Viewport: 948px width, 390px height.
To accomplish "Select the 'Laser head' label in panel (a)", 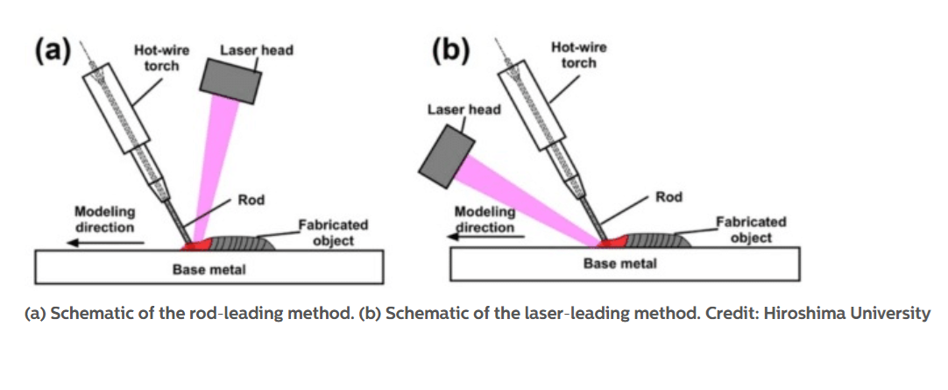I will [x=256, y=50].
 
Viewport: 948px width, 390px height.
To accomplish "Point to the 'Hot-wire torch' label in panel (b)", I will [x=579, y=54].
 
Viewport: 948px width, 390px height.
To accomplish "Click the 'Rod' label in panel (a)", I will [x=251, y=201].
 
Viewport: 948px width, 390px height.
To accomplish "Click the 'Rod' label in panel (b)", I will [x=669, y=197].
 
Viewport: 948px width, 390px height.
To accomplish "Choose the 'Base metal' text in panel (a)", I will [x=209, y=269].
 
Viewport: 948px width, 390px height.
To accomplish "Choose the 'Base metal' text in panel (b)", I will [x=620, y=263].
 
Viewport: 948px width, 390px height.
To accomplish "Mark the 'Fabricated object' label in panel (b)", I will [x=751, y=230].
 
